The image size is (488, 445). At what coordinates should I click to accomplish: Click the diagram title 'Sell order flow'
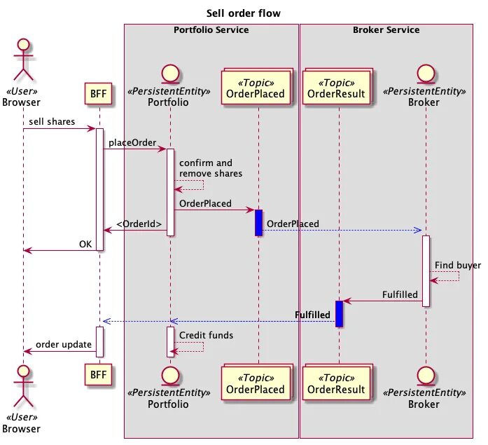[244, 13]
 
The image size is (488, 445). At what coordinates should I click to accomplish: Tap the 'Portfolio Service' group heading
[211, 30]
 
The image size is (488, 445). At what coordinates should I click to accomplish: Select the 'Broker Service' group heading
[386, 30]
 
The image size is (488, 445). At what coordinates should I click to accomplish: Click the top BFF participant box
[98, 93]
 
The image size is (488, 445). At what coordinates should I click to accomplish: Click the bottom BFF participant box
[98, 375]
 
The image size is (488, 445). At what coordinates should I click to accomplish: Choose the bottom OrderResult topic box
[337, 383]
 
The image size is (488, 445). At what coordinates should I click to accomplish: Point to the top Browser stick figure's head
[24, 45]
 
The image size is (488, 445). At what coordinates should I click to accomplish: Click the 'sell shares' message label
[52, 121]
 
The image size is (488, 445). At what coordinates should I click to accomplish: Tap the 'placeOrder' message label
[132, 143]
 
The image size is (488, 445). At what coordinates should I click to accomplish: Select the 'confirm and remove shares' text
[211, 168]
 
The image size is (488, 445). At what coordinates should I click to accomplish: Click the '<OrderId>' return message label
[139, 224]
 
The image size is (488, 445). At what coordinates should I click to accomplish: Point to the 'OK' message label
[85, 244]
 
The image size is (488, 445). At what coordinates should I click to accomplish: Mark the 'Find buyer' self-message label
[458, 266]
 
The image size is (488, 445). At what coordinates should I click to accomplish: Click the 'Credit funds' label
[206, 335]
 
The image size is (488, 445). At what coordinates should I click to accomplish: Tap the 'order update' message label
[64, 344]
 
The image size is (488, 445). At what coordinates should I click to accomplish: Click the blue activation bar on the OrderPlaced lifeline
[258, 223]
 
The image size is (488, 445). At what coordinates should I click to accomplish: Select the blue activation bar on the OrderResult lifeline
[340, 313]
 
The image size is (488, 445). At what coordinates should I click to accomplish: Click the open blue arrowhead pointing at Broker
[417, 231]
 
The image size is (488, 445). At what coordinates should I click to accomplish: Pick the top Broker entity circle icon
[426, 74]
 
